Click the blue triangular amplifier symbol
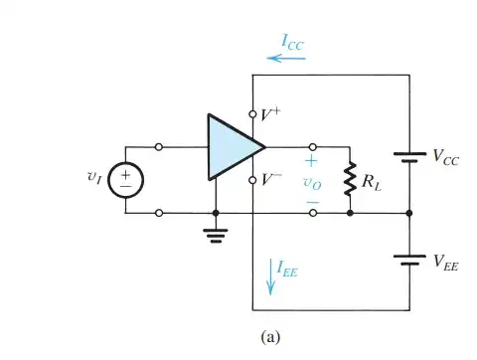coord(231,146)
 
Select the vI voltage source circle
coord(126,179)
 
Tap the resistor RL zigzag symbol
coord(350,180)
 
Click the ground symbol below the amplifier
coord(216,234)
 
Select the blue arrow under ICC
coord(289,59)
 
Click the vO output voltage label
coord(312,182)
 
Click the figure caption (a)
coord(270,336)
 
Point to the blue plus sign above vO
coord(312,161)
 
